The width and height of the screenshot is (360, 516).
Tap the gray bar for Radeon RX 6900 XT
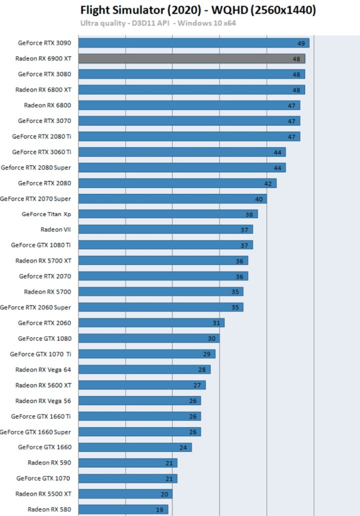(191, 58)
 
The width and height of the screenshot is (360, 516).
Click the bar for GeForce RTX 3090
(193, 43)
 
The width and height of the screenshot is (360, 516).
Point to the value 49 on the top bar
(301, 43)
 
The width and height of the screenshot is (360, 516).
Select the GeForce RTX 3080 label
(44, 74)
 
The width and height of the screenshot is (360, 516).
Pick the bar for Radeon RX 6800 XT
(191, 89)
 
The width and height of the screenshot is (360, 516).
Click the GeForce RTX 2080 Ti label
(41, 136)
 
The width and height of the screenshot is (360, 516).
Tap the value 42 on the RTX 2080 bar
(268, 183)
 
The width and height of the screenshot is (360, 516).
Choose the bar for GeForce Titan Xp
(168, 214)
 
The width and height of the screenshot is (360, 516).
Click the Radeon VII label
(55, 229)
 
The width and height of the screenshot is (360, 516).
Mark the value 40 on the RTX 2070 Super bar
(258, 199)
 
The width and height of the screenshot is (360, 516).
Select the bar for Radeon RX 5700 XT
(163, 260)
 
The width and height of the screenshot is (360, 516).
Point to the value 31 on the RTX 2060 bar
(216, 323)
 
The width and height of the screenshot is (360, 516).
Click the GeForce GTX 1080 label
(44, 338)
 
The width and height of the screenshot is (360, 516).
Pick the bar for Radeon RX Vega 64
(144, 369)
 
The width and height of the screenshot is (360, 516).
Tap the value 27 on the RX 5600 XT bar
(197, 385)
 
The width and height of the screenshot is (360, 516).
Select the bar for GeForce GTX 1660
(135, 447)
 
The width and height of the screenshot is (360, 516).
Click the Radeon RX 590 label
(49, 462)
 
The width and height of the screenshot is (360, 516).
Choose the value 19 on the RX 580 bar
(159, 509)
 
